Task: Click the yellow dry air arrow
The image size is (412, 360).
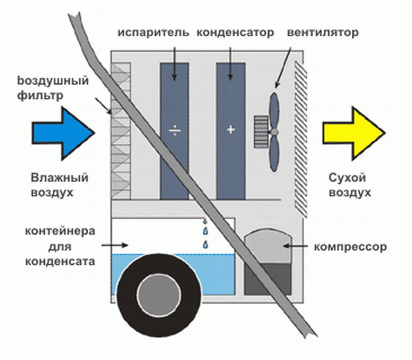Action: (354, 133)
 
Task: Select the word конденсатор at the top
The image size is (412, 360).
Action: (235, 33)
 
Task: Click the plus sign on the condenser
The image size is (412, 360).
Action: (231, 130)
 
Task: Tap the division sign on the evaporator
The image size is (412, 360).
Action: (174, 131)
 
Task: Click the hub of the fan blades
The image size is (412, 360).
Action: (273, 131)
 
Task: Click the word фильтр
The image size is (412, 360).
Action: (50, 96)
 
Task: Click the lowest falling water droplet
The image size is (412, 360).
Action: (205, 245)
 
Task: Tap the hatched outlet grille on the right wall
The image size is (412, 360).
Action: (299, 135)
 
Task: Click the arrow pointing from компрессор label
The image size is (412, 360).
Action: (295, 247)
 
